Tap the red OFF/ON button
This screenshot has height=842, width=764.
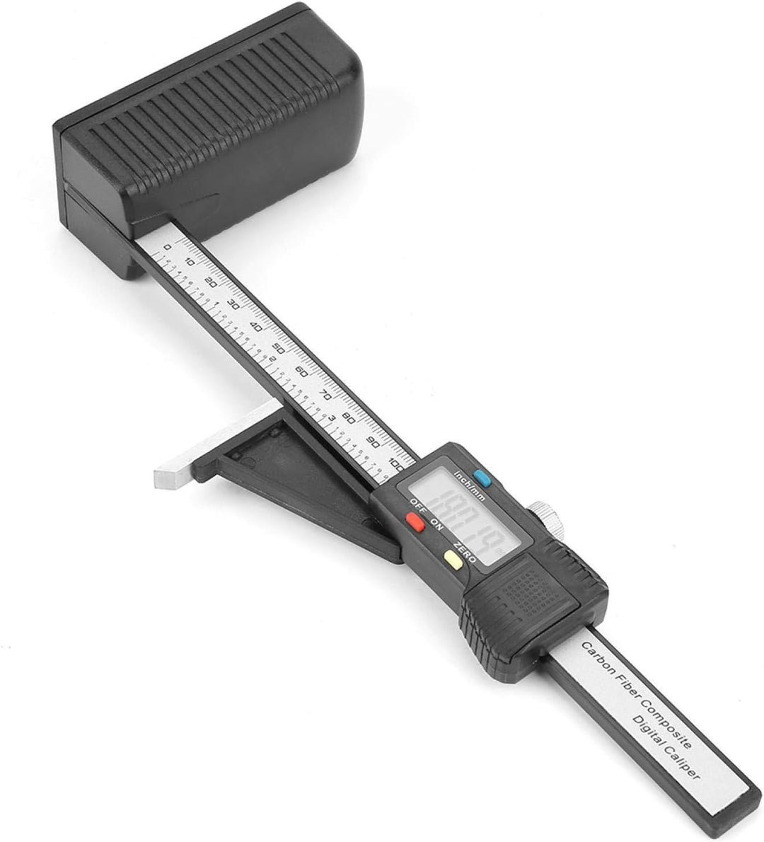[x=415, y=523]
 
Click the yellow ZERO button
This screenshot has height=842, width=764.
[x=453, y=560]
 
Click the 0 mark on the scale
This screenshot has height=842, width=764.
[x=167, y=248]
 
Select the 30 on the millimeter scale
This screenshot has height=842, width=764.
[x=233, y=306]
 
